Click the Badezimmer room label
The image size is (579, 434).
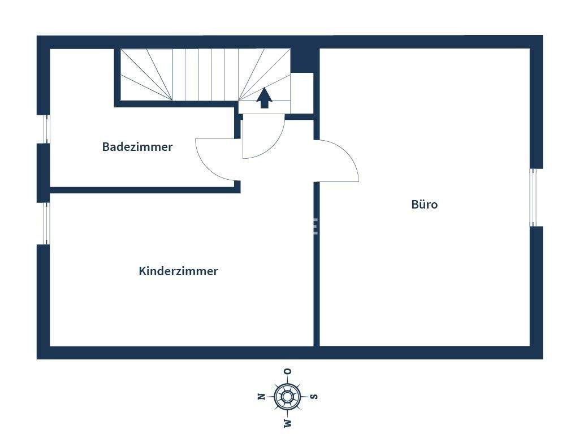tap(137, 147)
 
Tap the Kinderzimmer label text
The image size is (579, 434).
tap(178, 271)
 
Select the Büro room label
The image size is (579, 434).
tap(424, 205)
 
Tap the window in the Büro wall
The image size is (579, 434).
tap(533, 197)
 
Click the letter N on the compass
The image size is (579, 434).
tap(261, 397)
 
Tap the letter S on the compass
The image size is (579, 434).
tap(314, 397)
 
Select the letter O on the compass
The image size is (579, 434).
tap(288, 371)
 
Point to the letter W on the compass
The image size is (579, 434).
tap(288, 423)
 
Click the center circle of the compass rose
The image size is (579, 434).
tap(288, 396)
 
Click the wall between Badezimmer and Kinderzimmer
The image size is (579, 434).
tap(141, 190)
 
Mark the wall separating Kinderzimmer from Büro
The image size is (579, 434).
tap(317, 266)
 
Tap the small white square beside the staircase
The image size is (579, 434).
tap(302, 93)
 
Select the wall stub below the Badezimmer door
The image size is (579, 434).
tap(237, 186)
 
